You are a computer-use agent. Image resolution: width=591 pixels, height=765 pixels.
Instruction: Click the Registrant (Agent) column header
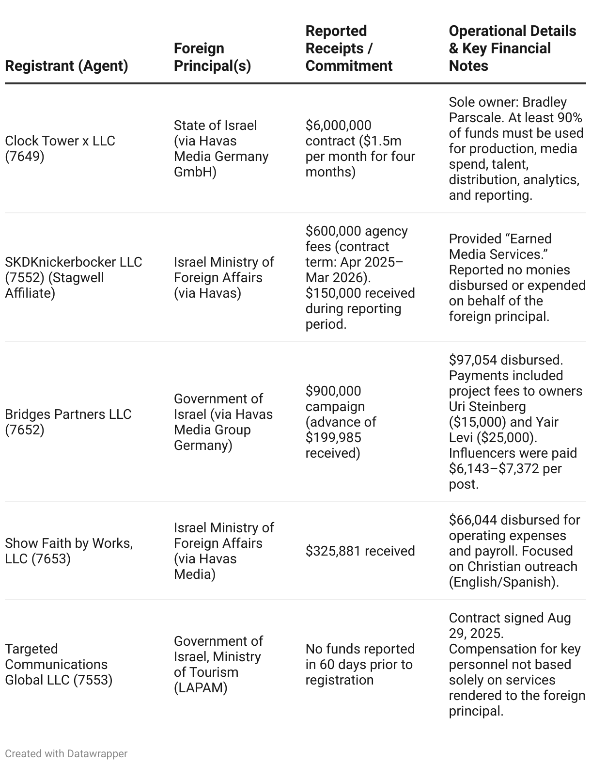click(x=66, y=65)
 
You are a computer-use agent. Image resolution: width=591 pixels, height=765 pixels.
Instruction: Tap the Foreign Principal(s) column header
click(x=212, y=57)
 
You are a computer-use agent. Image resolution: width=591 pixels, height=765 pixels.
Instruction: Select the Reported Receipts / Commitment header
click(x=349, y=48)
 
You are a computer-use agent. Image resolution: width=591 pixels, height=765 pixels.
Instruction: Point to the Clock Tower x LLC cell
click(x=60, y=148)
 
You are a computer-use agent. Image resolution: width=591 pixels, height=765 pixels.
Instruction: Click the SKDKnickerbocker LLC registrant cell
click(x=74, y=277)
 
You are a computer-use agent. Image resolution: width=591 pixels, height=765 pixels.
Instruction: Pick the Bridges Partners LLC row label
click(x=68, y=422)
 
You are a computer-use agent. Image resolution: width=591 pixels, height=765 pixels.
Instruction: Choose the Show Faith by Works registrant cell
click(x=69, y=551)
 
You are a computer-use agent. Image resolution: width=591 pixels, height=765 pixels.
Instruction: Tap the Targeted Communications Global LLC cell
click(x=59, y=664)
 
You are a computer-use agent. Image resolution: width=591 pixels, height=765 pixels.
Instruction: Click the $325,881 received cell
click(x=360, y=551)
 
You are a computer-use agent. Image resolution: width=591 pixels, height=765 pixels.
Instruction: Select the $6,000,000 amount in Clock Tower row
click(x=338, y=125)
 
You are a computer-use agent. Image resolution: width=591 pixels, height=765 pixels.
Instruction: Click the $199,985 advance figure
click(x=333, y=437)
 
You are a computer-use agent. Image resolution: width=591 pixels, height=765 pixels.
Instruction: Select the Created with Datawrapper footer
click(x=66, y=753)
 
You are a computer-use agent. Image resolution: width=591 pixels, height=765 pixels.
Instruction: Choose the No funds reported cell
click(x=360, y=664)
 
